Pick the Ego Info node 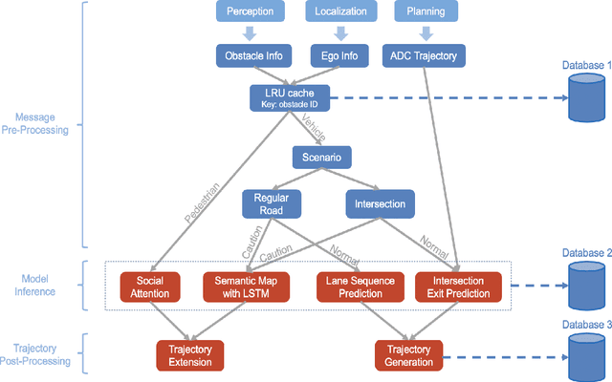pos(338,56)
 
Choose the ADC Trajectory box pos(424,56)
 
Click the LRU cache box pos(282,97)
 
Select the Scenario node pos(322,156)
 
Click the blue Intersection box pos(379,203)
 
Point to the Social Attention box pos(151,286)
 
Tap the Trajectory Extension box pos(191,355)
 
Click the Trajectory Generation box pos(409,355)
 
